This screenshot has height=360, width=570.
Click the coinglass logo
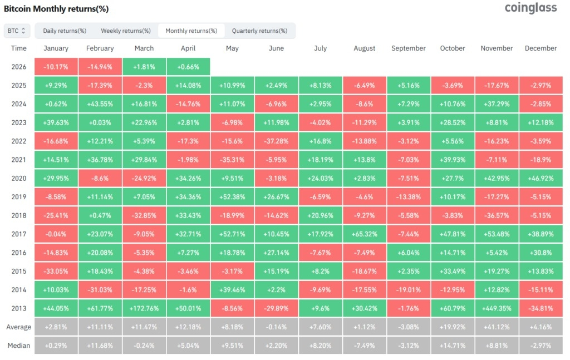coord(530,8)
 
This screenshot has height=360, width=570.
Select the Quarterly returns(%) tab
coord(259,31)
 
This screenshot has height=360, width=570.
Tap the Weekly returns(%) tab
coord(126,31)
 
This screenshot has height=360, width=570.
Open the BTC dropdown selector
coord(17,31)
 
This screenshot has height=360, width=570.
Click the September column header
coord(408,48)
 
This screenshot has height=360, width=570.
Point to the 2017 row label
coord(19,234)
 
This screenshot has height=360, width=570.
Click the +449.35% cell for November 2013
coord(497,308)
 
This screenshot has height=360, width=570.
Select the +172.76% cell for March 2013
coord(144,308)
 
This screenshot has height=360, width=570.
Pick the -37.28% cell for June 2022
coord(276,141)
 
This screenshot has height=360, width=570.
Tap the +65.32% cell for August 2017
coord(364,234)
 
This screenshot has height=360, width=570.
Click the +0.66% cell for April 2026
coord(188,67)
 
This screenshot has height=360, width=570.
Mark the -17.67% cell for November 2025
coord(497,85)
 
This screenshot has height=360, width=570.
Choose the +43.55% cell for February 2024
coord(100,104)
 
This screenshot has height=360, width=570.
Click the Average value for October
coord(453,327)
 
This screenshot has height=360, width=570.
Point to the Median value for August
coord(364,346)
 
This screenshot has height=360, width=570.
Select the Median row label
coord(19,346)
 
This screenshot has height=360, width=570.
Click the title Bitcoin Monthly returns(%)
coord(56,9)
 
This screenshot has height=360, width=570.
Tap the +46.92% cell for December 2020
coord(541,179)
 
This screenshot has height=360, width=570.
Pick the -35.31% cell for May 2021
coord(232,160)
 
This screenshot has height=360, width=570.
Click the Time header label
coord(19,48)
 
